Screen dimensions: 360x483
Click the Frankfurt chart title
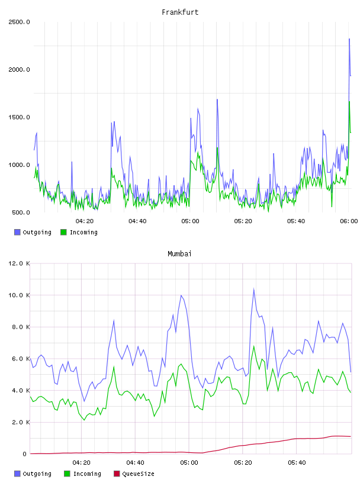pyautogui.click(x=180, y=12)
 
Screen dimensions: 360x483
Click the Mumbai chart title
pyautogui.click(x=179, y=254)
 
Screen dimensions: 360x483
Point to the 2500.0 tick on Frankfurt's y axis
pyautogui.click(x=19, y=22)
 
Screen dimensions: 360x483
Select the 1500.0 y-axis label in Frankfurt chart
pyautogui.click(x=19, y=117)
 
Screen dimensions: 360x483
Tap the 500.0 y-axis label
pyautogui.click(x=21, y=212)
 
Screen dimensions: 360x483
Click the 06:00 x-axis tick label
pyautogui.click(x=349, y=221)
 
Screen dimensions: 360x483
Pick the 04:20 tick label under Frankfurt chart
pyautogui.click(x=85, y=221)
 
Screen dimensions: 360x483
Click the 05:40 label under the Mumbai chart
pyautogui.click(x=297, y=463)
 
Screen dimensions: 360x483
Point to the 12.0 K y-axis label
pyautogui.click(x=19, y=263)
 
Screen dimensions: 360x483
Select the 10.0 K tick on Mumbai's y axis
pyautogui.click(x=19, y=295)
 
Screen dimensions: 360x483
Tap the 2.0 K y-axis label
pyautogui.click(x=21, y=422)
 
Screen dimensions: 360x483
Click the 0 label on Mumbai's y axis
pyautogui.click(x=24, y=454)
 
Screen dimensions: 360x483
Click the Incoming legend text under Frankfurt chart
pyautogui.click(x=83, y=232)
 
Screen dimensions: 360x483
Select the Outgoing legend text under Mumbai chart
pyautogui.click(x=37, y=474)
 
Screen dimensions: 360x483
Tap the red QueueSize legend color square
pyautogui.click(x=117, y=474)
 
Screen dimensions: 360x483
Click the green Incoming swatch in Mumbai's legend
pyautogui.click(x=67, y=474)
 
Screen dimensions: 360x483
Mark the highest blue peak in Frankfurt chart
pyautogui.click(x=349, y=39)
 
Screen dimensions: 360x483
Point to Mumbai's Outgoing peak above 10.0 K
pyautogui.click(x=253, y=289)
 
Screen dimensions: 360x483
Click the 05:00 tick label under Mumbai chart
pyautogui.click(x=189, y=463)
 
